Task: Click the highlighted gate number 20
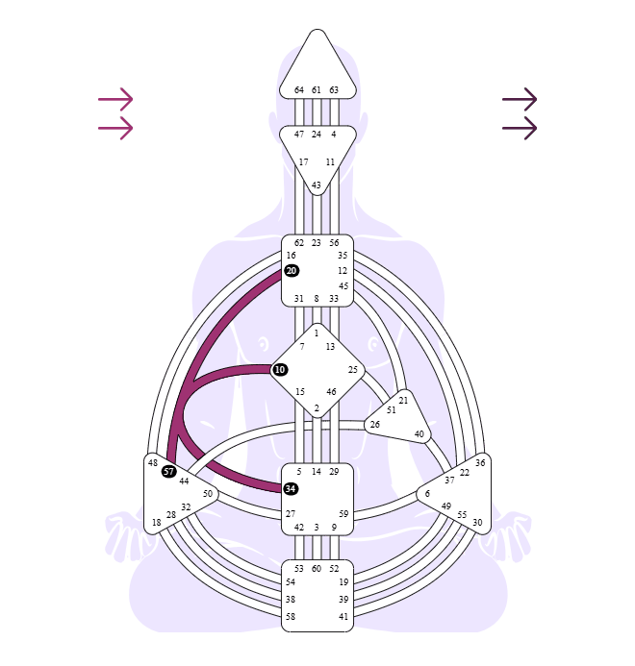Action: point(292,271)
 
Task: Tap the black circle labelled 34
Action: point(291,488)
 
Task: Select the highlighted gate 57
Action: point(168,471)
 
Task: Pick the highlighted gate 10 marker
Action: point(279,370)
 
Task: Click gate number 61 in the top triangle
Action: point(316,90)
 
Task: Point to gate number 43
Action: point(316,185)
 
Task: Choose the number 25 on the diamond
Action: point(353,370)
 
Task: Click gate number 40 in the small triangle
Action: point(419,434)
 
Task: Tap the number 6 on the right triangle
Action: point(427,493)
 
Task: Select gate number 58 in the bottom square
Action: point(291,616)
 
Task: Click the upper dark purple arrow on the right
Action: point(520,99)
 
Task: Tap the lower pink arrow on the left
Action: point(115,128)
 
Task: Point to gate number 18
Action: point(157,523)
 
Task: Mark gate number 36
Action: point(480,462)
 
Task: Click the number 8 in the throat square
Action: point(317,299)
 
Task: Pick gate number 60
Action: point(317,569)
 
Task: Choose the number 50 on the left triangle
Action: point(208,494)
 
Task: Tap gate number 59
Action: point(343,514)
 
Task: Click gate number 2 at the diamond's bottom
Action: point(317,408)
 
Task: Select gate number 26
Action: point(374,425)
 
